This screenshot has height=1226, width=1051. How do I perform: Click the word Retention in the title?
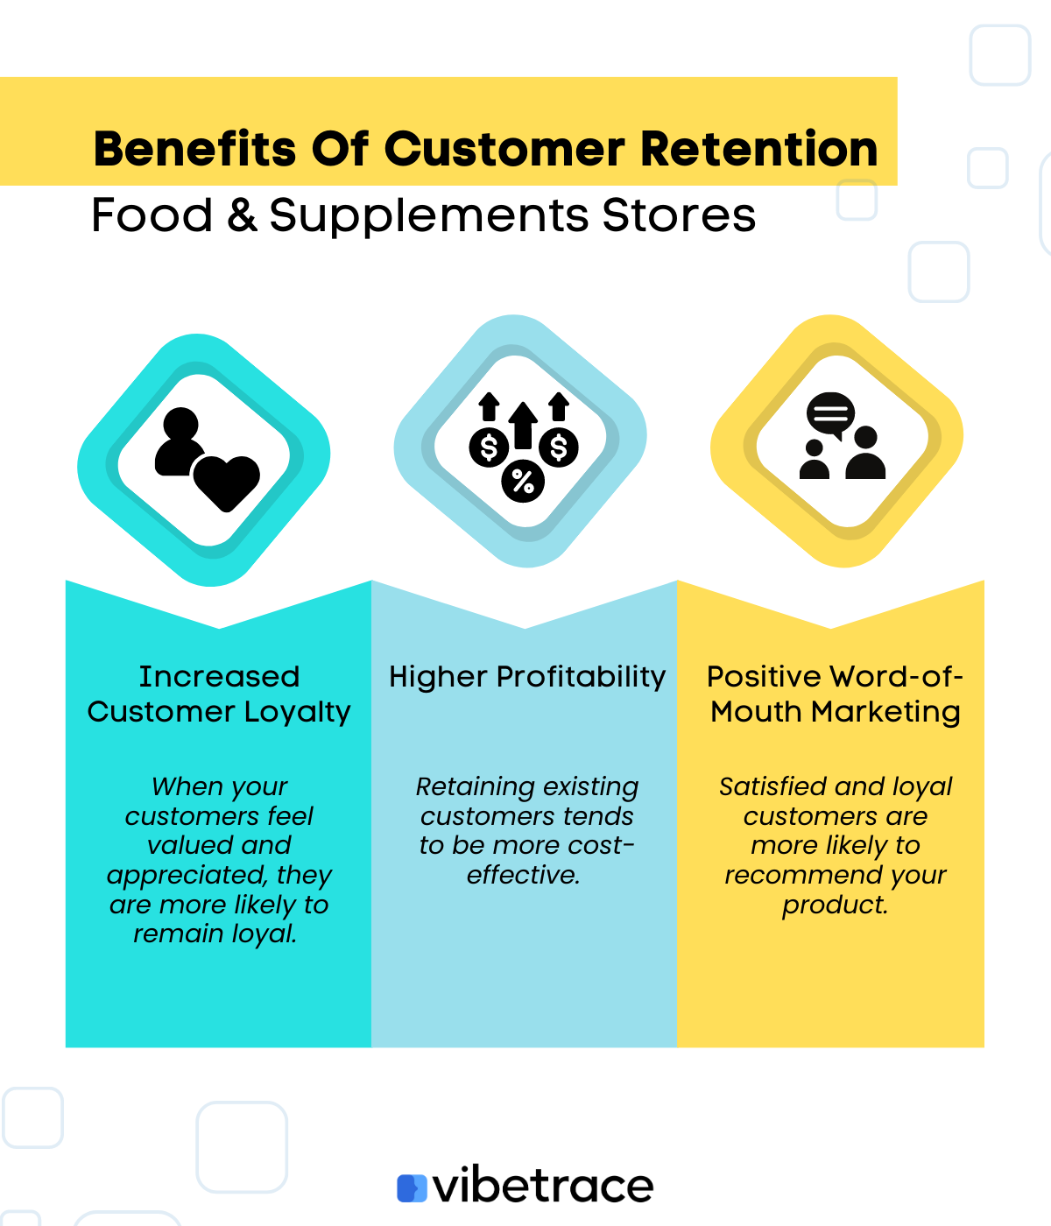pyautogui.click(x=758, y=149)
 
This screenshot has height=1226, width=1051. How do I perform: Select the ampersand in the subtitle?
pyautogui.click(x=242, y=215)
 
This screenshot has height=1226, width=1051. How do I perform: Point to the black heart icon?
pyautogui.click(x=226, y=483)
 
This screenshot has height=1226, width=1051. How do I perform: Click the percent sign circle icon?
pyautogui.click(x=523, y=481)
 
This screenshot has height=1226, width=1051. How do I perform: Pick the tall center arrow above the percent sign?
pyautogui.click(x=523, y=425)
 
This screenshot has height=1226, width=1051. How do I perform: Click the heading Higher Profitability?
pyautogui.click(x=527, y=677)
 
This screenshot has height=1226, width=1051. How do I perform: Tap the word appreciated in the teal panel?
pyautogui.click(x=187, y=875)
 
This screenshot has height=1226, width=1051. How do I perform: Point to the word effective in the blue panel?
pyautogui.click(x=523, y=875)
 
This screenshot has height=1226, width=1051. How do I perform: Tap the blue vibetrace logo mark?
pyautogui.click(x=412, y=1188)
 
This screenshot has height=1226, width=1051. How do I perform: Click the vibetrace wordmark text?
pyautogui.click(x=543, y=1187)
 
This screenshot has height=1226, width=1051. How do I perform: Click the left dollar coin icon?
pyautogui.click(x=489, y=448)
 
